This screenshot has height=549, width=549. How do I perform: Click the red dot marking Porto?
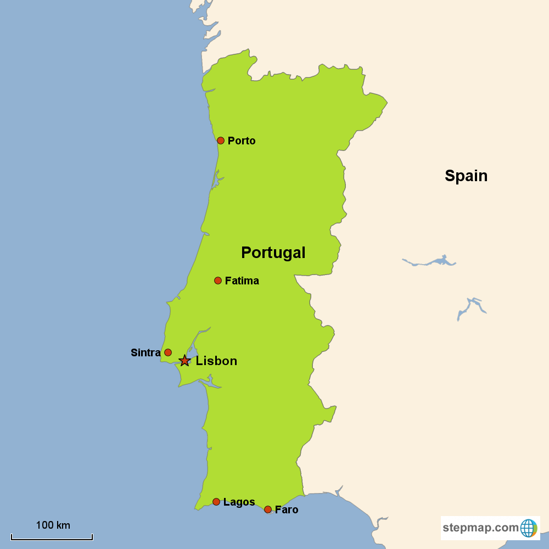[221, 141]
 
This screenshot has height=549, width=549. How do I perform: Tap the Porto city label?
[242, 141]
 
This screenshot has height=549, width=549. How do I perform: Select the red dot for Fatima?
[218, 281]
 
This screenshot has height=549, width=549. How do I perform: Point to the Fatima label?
[242, 281]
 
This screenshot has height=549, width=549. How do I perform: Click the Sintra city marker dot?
[168, 352]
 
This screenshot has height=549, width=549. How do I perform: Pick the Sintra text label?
[145, 353]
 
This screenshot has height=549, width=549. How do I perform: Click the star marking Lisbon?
[184, 361]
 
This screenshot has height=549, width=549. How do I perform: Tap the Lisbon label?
[216, 361]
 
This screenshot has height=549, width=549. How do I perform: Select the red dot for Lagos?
[216, 502]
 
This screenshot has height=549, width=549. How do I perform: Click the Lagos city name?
[239, 502]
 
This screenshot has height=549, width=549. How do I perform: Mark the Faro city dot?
[268, 509]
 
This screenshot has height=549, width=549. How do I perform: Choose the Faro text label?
[287, 510]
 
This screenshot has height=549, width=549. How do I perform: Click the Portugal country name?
[273, 253]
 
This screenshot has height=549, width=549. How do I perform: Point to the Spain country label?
[466, 176]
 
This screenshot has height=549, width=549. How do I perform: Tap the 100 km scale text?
[53, 525]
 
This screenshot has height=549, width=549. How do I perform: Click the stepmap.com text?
[480, 528]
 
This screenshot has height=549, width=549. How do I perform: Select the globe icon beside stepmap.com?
[528, 528]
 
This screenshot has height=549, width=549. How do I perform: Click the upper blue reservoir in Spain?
[434, 261]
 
